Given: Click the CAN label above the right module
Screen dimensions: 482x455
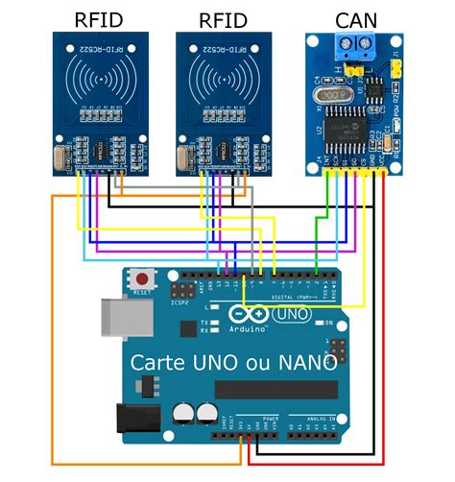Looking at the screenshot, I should pos(355,19).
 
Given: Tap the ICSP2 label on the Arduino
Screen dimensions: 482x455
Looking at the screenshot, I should pos(179,302).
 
